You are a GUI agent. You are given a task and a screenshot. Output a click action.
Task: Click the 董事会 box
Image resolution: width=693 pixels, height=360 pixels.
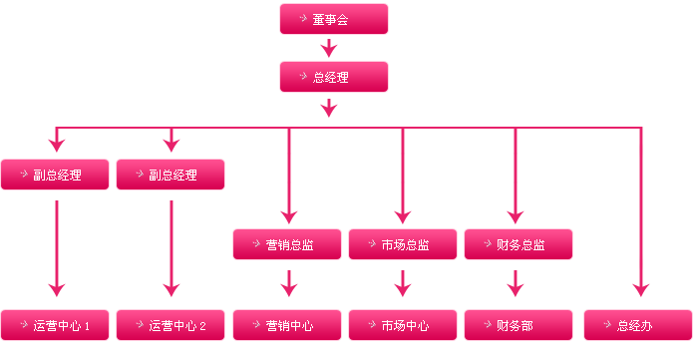(333, 20)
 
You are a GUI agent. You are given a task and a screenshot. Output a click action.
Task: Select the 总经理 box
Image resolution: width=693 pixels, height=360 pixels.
(333, 78)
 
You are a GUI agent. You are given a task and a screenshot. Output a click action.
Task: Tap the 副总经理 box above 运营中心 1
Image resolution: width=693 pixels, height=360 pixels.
(55, 176)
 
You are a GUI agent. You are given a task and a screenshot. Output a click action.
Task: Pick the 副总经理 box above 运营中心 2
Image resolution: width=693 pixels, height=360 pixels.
(171, 176)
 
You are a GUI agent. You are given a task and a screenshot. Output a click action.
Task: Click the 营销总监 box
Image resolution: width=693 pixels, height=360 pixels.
(287, 244)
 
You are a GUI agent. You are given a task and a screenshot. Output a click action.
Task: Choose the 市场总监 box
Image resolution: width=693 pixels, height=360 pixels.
(403, 244)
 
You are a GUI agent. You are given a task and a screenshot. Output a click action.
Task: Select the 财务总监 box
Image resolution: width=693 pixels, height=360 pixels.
(519, 244)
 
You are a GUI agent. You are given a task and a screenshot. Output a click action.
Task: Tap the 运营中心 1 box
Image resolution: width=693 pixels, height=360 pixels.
(55, 325)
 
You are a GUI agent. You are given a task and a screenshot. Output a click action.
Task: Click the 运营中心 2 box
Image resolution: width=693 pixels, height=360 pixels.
(171, 325)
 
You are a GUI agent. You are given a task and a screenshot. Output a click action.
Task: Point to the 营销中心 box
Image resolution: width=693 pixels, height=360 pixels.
(287, 325)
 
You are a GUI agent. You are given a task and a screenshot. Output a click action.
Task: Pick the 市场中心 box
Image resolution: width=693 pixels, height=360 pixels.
(403, 325)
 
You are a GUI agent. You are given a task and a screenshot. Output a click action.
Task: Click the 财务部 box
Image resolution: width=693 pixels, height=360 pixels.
(519, 325)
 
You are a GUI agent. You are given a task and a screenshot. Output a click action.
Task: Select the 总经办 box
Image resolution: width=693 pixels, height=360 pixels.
(638, 325)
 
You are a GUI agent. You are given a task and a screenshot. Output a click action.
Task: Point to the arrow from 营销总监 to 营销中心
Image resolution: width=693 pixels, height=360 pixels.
(288, 283)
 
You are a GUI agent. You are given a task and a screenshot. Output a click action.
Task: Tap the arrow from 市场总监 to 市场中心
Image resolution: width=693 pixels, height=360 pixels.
(403, 283)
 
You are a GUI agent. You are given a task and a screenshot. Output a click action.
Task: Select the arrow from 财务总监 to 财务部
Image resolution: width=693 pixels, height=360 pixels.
(516, 283)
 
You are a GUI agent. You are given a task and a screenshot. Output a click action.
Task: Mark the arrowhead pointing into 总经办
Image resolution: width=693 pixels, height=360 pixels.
(640, 290)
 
